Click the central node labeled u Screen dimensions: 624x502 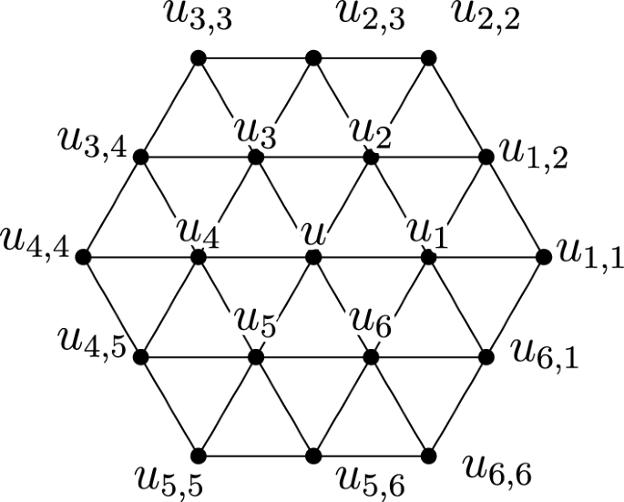313,258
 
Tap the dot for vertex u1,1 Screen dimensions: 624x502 544,258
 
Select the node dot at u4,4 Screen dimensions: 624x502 83,258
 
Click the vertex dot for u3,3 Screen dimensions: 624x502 198,58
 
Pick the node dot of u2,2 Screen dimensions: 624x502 428,58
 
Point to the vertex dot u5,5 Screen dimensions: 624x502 198,456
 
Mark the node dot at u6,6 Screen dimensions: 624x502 428,456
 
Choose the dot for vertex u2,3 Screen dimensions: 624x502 313,58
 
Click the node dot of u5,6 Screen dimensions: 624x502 313,456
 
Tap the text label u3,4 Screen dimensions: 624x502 88,145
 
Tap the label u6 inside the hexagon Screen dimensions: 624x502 372,320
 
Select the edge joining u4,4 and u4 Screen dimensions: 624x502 140,258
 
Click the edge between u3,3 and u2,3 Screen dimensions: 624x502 255,58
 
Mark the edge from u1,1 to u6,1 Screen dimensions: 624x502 516,307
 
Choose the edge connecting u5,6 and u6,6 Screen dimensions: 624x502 371,456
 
